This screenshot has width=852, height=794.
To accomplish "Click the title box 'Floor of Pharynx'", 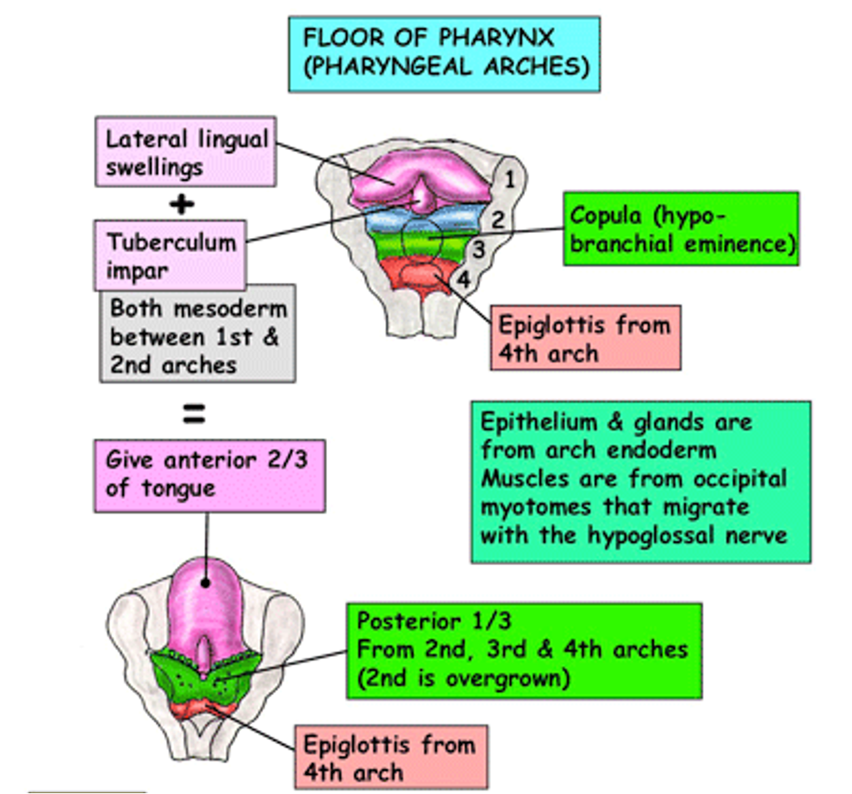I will [443, 53].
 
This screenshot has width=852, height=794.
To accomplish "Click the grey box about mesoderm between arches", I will [197, 335].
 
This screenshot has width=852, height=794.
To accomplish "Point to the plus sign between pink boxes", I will [182, 204].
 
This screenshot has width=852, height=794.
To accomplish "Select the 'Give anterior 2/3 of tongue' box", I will [208, 474].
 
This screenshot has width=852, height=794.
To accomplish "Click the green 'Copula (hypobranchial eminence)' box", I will [680, 229].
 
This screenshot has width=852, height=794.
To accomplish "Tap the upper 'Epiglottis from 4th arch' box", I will [585, 337].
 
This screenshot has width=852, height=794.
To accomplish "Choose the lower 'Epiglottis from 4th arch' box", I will [390, 757].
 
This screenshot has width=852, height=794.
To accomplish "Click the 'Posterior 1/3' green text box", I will [523, 650].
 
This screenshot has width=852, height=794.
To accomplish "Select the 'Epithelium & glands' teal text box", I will [639, 481].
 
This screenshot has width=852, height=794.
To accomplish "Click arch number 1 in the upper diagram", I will [509, 179].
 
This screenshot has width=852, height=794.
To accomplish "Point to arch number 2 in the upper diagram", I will [497, 220].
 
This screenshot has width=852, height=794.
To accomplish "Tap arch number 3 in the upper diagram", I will [479, 249].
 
